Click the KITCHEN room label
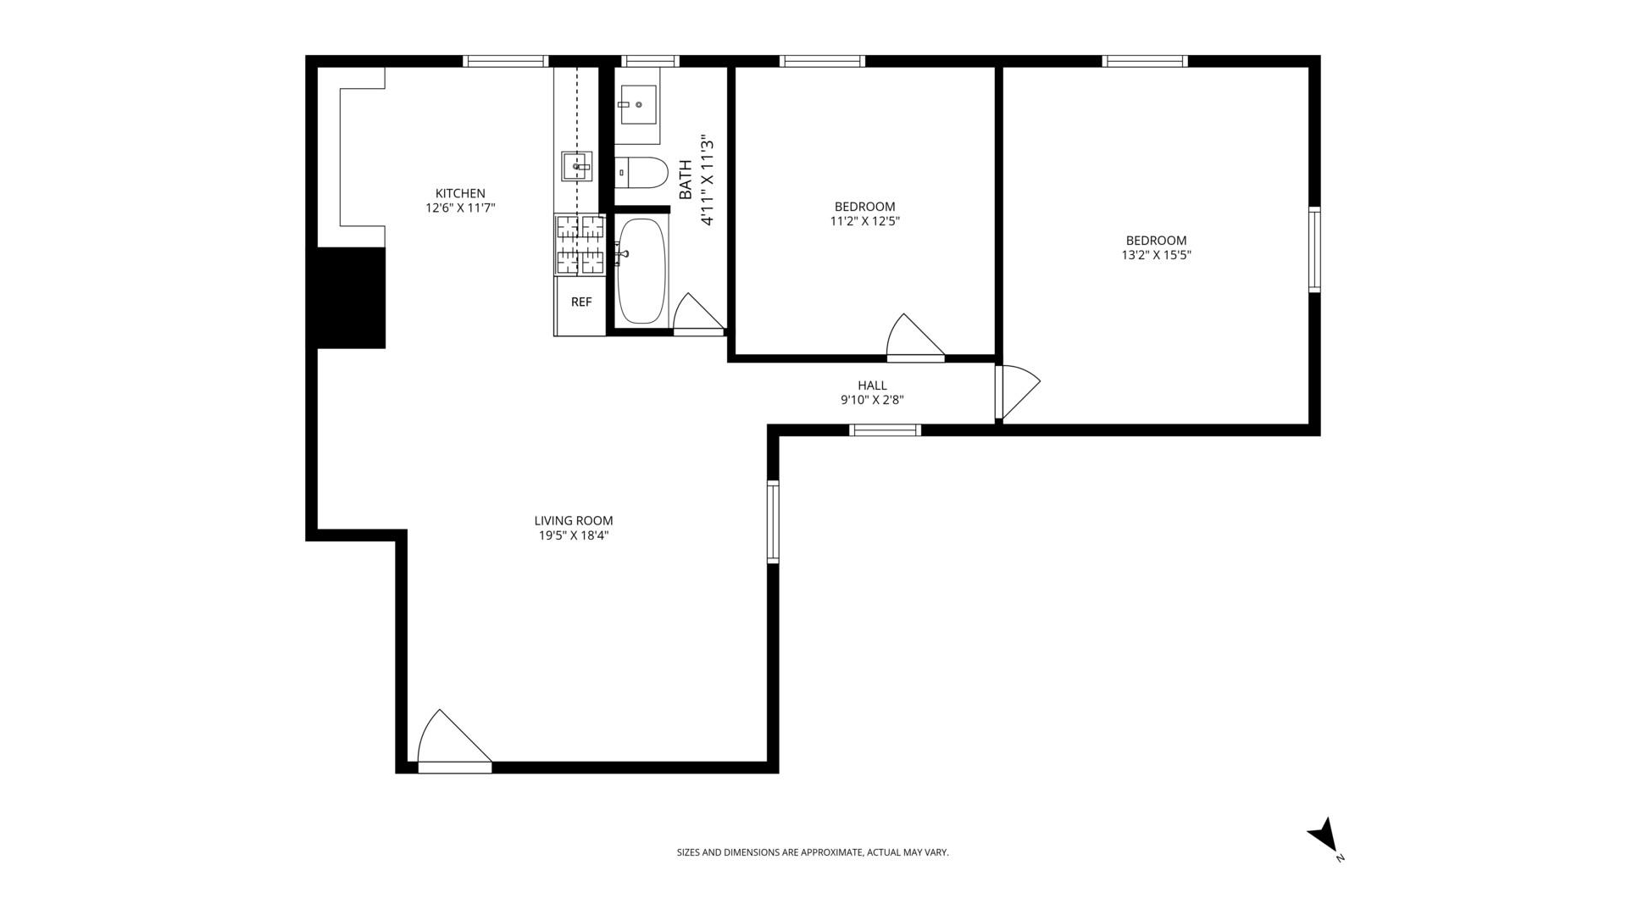pyautogui.click(x=460, y=193)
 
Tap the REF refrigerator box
pyautogui.click(x=581, y=302)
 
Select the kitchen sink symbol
pyautogui.click(x=577, y=166)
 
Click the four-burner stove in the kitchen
pyautogui.click(x=580, y=245)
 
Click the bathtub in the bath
pyautogui.click(x=641, y=271)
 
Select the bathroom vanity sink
pyautogui.click(x=637, y=105)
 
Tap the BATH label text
pyautogui.click(x=686, y=180)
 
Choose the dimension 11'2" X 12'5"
pyautogui.click(x=864, y=221)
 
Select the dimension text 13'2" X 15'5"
pyautogui.click(x=1156, y=255)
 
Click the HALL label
pyautogui.click(x=872, y=385)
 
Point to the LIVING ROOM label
pyautogui.click(x=574, y=521)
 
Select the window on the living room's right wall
pyautogui.click(x=773, y=521)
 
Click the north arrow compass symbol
pyautogui.click(x=1324, y=835)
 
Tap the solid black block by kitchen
pyautogui.click(x=351, y=297)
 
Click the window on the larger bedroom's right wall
pyautogui.click(x=1314, y=250)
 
